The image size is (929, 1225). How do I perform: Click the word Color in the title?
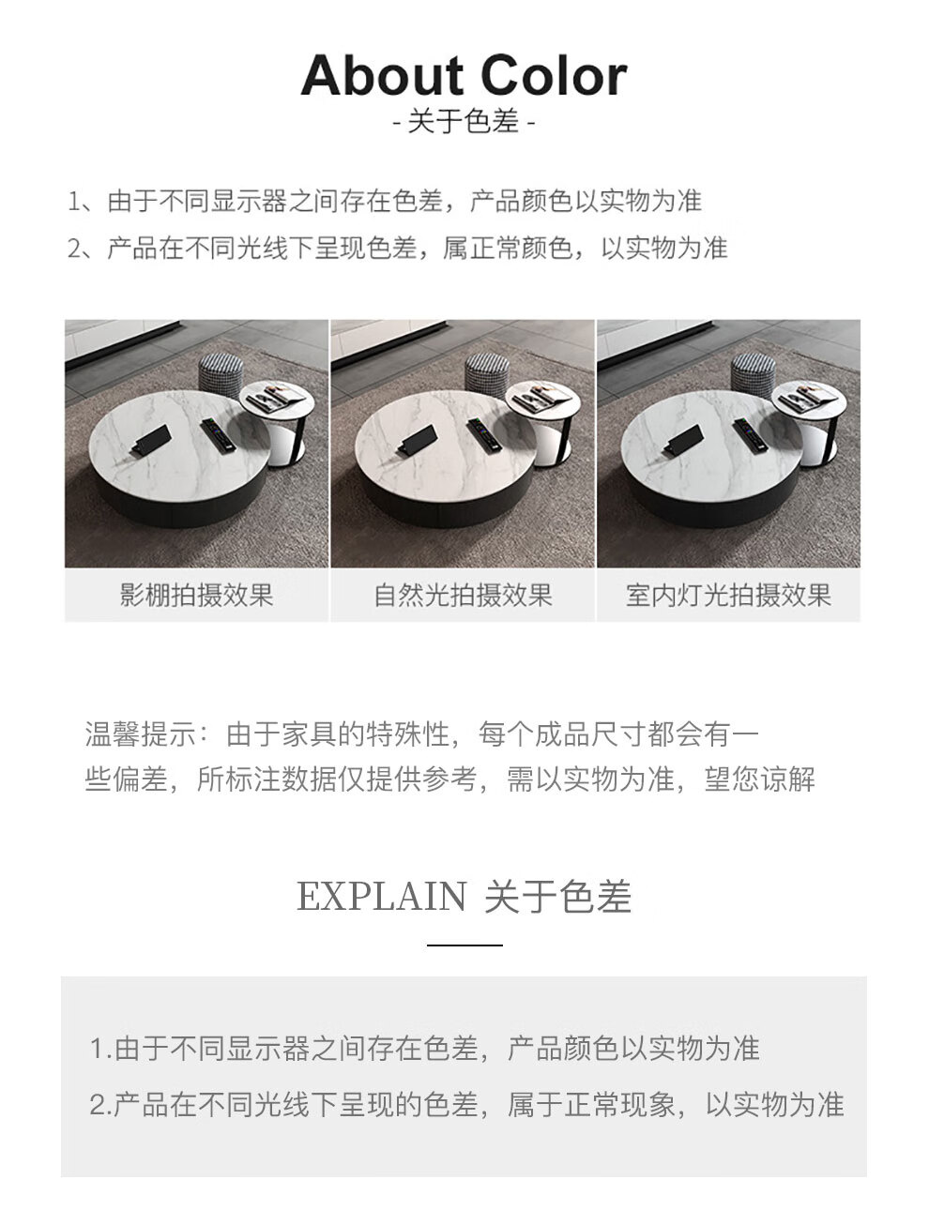click(554, 76)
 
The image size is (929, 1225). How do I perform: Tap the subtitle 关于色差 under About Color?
click(464, 121)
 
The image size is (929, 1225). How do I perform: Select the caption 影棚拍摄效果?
click(196, 595)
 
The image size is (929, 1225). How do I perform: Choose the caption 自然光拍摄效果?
click(463, 595)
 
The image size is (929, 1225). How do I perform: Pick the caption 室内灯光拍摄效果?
click(728, 595)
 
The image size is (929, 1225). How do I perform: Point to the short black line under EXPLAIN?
click(464, 945)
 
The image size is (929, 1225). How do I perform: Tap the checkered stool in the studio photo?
click(221, 374)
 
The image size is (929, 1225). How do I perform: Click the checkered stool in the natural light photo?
click(487, 374)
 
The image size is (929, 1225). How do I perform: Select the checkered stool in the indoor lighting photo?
click(754, 374)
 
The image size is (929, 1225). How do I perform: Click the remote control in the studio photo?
click(219, 436)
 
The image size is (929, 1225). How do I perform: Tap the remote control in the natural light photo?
click(484, 436)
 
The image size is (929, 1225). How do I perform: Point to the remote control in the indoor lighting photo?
click(751, 436)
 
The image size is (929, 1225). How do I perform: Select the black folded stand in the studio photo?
click(151, 439)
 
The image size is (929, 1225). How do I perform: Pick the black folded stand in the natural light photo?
click(417, 439)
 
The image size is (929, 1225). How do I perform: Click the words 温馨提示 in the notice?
click(140, 733)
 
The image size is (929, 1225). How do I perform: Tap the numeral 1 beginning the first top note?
click(74, 202)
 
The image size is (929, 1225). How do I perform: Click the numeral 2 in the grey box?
click(98, 1105)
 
